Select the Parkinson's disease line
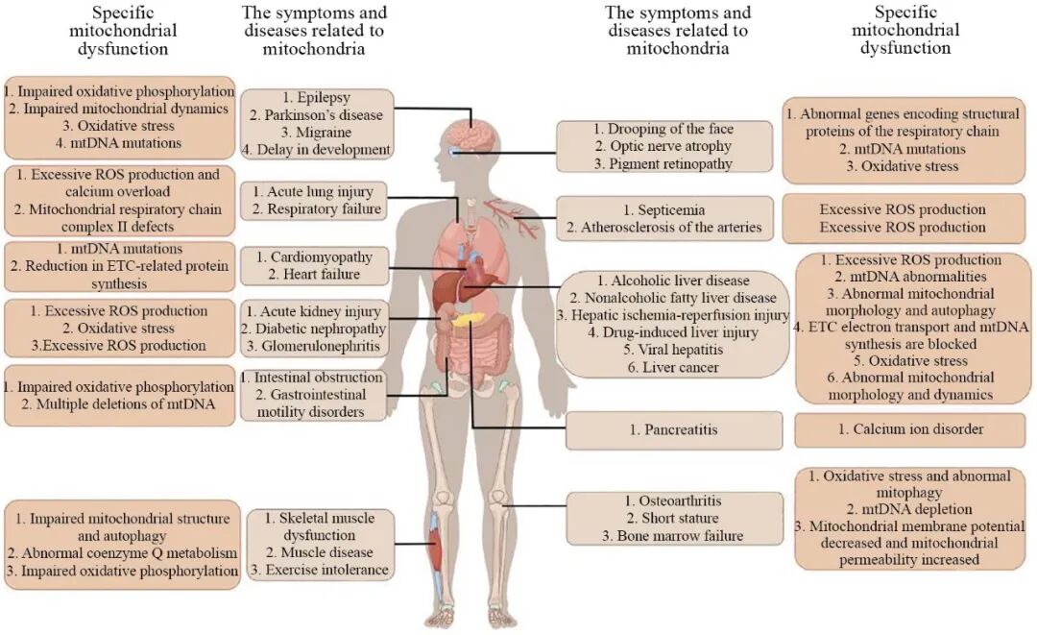(x=315, y=115)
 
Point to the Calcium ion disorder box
(x=910, y=429)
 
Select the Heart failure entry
(x=314, y=275)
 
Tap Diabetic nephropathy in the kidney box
(x=315, y=329)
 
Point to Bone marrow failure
(x=672, y=535)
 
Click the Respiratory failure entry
(x=315, y=209)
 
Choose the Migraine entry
(x=315, y=133)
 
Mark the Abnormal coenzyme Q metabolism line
(x=121, y=553)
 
